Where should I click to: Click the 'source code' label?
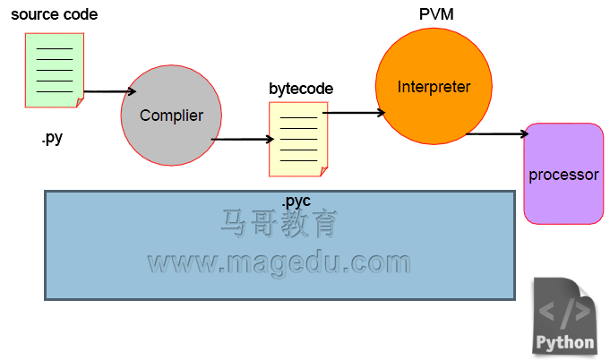[55, 14]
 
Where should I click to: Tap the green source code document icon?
[55, 70]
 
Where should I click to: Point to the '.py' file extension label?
[52, 138]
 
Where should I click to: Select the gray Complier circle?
[171, 116]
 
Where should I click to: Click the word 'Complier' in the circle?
[172, 116]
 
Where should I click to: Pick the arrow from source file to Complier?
[110, 91]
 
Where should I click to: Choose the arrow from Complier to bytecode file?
[243, 139]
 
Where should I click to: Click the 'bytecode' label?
[301, 89]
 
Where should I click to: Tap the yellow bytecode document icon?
[298, 139]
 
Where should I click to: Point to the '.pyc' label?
[296, 201]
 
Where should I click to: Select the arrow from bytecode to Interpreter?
[354, 113]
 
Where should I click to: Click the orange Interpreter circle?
[434, 86]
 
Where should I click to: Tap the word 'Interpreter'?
[434, 87]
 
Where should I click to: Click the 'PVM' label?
[436, 14]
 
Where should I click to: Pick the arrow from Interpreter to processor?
[497, 134]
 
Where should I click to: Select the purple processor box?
[563, 174]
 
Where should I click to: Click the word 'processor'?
[563, 175]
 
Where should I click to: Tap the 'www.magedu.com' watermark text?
[279, 263]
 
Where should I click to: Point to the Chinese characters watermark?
[279, 224]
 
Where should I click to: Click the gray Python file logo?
[564, 316]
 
